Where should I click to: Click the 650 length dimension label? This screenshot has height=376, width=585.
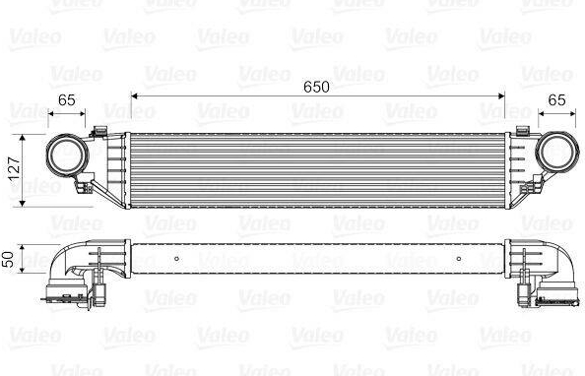316,87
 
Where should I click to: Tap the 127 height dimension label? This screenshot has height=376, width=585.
14,168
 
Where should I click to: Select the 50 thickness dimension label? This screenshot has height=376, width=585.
8,259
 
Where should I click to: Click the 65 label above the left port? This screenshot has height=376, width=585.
67,100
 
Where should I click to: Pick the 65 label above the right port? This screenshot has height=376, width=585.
556,100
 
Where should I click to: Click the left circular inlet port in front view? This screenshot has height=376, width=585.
67,155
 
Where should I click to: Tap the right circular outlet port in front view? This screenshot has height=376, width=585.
557,151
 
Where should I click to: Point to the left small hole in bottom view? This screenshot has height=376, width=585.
177,259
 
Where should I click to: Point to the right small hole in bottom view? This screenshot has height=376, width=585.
459,259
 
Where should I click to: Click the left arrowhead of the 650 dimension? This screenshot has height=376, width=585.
135,96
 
